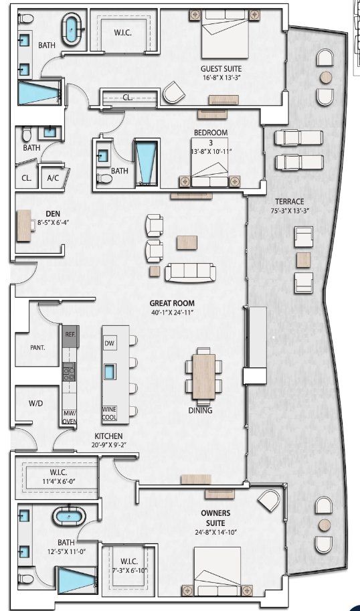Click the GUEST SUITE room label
(221, 68)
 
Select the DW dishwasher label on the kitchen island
(110, 343)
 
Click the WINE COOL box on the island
(110, 413)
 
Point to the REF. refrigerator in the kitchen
(70, 333)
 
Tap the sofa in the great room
(191, 272)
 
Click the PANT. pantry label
(37, 348)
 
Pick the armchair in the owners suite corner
(269, 501)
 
